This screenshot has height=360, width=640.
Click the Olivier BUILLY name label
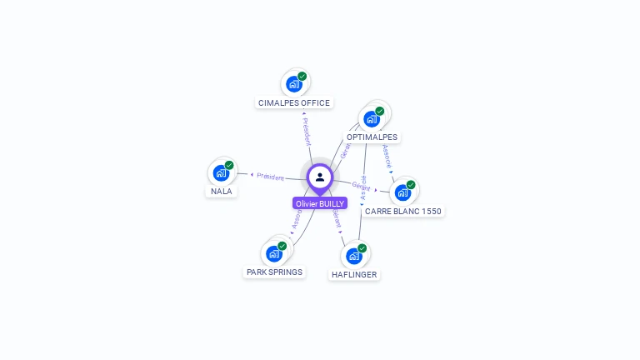click(320, 203)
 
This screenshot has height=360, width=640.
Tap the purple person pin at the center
click(320, 177)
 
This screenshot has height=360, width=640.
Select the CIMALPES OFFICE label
click(294, 103)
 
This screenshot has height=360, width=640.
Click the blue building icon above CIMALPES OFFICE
click(293, 83)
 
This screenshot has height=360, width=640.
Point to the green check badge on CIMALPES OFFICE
click(302, 77)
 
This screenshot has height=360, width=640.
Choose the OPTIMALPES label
click(372, 137)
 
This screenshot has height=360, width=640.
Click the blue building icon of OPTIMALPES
click(371, 118)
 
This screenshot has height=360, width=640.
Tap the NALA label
click(222, 191)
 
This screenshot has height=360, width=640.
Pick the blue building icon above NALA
click(221, 172)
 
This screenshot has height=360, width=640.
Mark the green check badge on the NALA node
click(229, 165)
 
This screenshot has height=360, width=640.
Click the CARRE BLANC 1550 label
click(403, 212)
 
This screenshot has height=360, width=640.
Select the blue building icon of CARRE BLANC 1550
click(402, 192)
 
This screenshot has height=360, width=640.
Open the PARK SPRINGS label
click(274, 272)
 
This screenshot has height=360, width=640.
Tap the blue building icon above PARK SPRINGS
click(273, 253)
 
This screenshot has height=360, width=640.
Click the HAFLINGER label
click(353, 274)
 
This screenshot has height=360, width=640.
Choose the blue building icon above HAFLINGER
click(353, 255)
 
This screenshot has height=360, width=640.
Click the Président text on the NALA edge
click(270, 177)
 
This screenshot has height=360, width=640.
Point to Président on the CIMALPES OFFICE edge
click(307, 132)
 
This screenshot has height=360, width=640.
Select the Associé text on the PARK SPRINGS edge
click(297, 220)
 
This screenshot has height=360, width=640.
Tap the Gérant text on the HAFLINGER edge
click(336, 218)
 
